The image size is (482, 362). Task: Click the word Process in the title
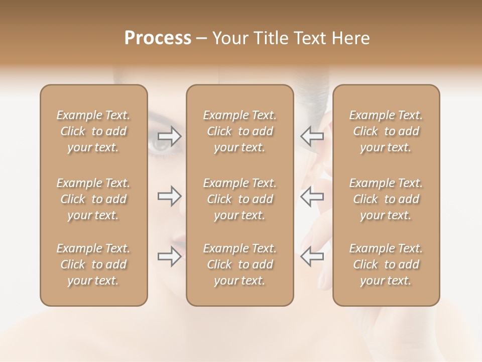[x=158, y=38]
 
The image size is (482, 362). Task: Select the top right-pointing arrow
[x=170, y=136]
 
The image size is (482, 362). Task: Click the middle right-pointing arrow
[x=170, y=196]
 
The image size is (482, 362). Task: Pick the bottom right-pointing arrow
[x=170, y=256]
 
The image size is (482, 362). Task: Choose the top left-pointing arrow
[x=312, y=136]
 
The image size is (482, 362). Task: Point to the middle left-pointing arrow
[x=312, y=196]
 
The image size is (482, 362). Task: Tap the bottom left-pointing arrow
[x=312, y=256]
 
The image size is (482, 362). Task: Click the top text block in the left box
[x=93, y=131]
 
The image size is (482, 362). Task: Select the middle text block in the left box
[x=93, y=199]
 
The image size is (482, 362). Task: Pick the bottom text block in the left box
[x=93, y=264]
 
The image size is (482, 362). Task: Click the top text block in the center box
[x=240, y=131]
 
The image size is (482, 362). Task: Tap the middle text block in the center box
[x=240, y=199]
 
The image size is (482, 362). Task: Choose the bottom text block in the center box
[x=240, y=264]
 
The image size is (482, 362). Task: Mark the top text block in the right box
[x=386, y=131]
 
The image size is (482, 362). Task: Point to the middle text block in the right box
[x=386, y=199]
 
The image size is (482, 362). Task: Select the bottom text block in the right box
[x=386, y=264]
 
